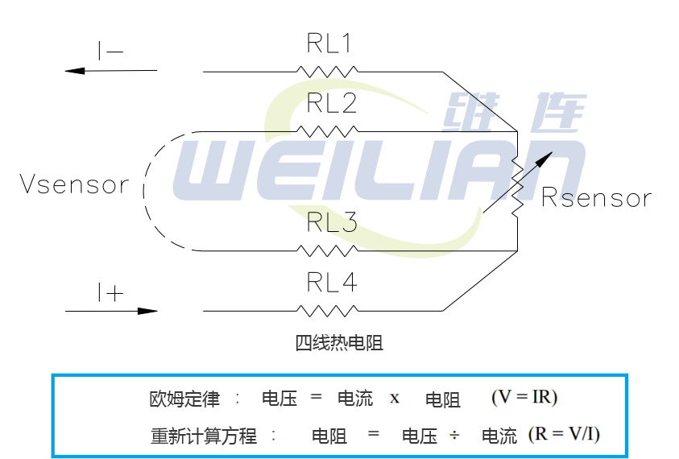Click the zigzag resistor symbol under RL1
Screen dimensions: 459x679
[327, 71]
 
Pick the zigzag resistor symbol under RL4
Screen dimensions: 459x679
[327, 310]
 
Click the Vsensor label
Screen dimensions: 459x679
[74, 185]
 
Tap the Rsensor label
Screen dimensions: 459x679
[596, 197]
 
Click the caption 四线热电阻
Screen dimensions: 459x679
[338, 343]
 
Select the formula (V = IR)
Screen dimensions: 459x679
[524, 397]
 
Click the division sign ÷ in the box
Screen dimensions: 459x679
[454, 436]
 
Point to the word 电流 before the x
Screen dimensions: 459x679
[354, 399]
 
